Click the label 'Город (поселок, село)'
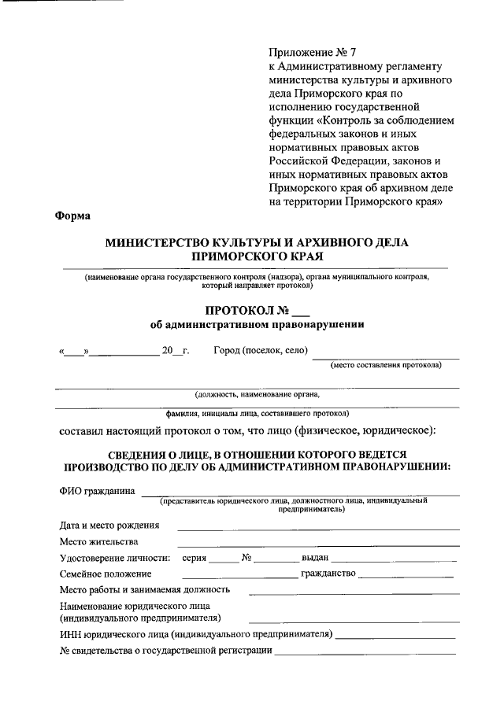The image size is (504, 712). (x=261, y=350)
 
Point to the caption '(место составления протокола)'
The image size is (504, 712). (x=387, y=364)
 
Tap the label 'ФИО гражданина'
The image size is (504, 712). (x=96, y=490)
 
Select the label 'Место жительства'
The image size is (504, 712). (x=98, y=541)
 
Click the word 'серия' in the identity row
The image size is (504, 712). (x=194, y=557)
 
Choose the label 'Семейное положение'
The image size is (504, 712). (x=105, y=574)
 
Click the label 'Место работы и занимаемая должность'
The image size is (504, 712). (x=145, y=589)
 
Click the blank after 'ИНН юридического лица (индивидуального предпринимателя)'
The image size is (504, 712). (x=395, y=634)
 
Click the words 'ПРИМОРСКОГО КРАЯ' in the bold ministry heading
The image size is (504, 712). (x=258, y=256)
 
